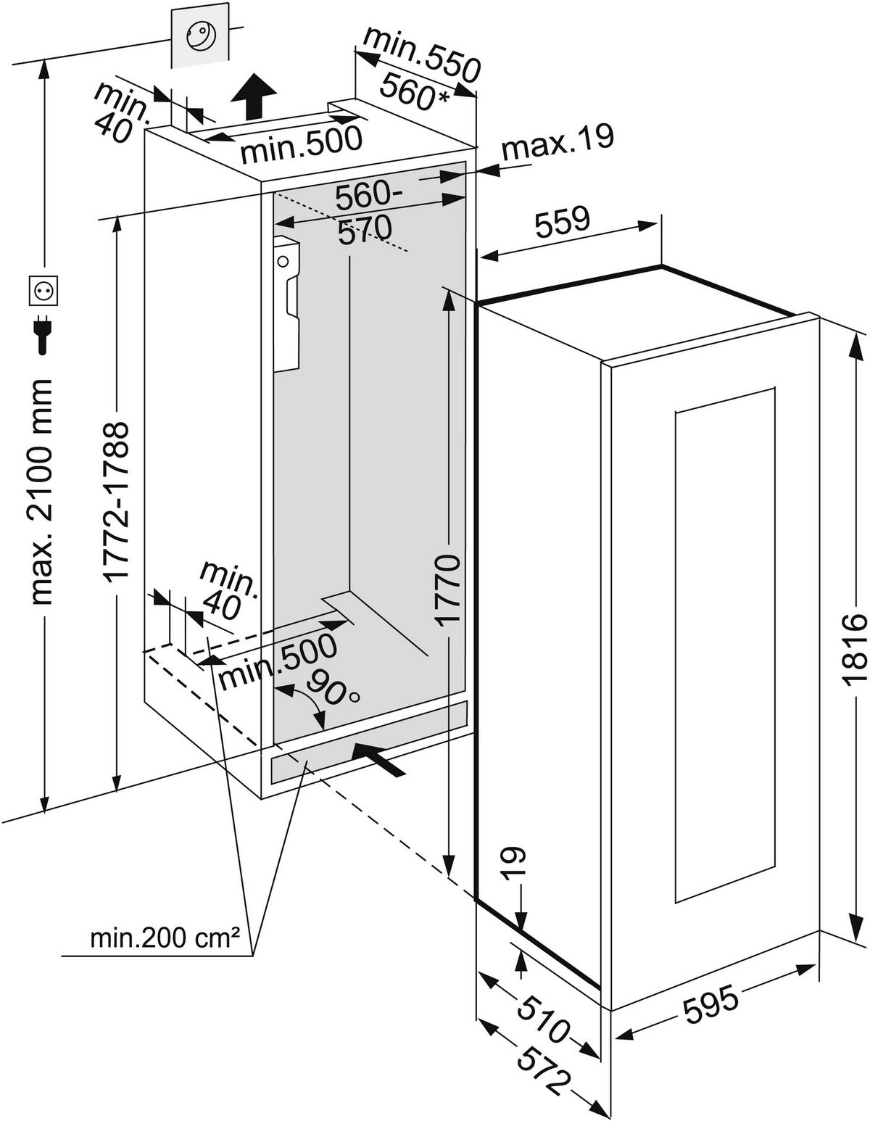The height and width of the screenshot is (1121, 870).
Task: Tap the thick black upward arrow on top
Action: (254, 95)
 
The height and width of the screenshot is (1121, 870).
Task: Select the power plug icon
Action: (42, 334)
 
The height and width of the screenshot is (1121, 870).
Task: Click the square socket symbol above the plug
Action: (42, 291)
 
